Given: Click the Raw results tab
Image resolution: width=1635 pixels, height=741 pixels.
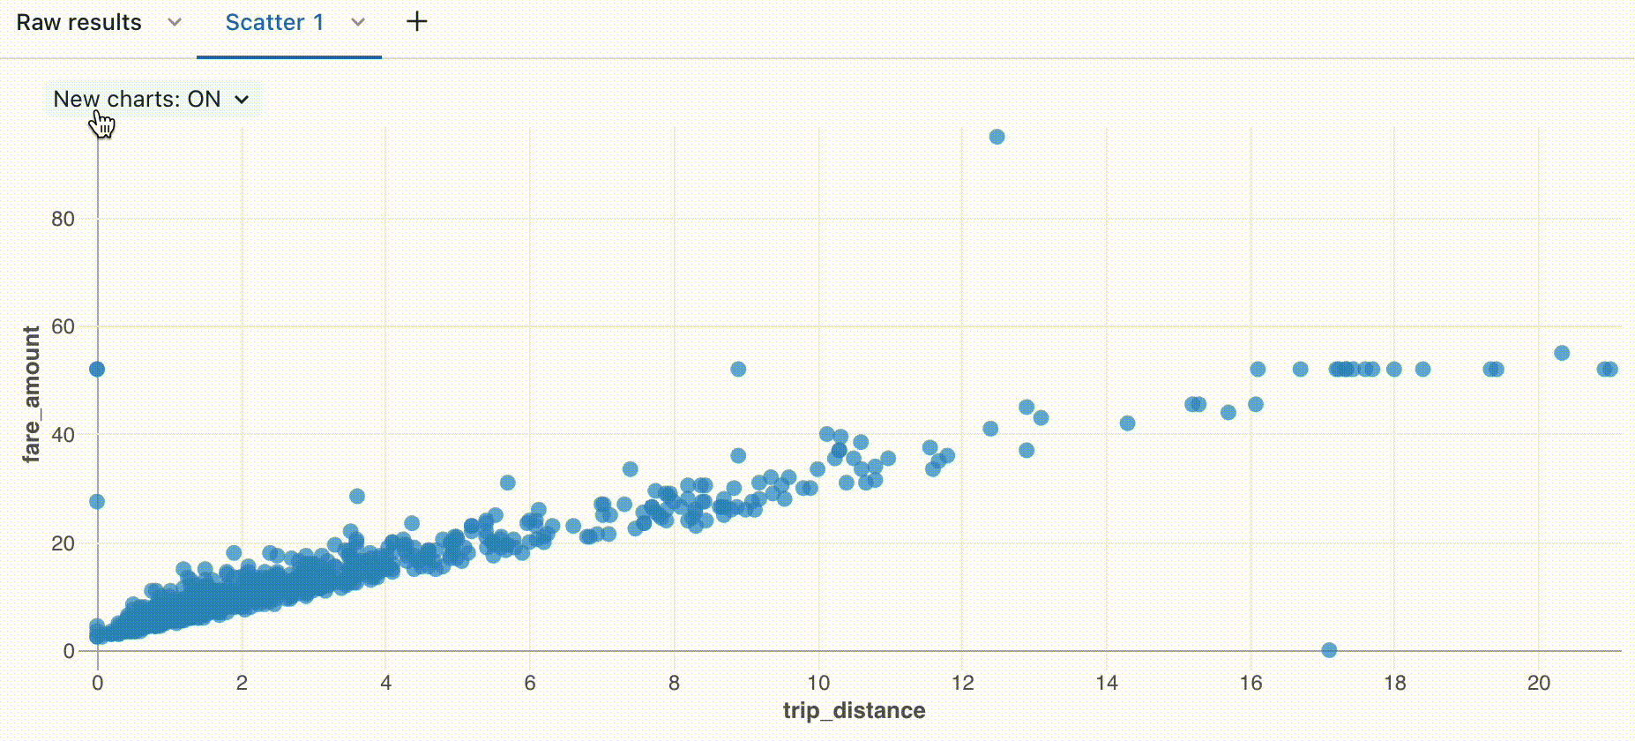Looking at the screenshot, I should [78, 23].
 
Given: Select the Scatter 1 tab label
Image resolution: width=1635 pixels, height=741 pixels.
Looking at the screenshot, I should [274, 23].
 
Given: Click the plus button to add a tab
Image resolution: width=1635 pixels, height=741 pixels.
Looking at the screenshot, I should [416, 22].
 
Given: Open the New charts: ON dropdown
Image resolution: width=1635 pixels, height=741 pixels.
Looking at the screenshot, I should [151, 99].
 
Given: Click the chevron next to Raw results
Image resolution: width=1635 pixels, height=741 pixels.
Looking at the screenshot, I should [175, 23].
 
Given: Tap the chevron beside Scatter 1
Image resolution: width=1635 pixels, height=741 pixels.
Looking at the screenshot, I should [358, 23].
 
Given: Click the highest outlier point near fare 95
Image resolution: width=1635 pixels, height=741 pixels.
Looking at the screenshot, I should [997, 137].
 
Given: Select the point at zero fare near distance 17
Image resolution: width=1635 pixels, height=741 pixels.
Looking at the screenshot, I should [1329, 650].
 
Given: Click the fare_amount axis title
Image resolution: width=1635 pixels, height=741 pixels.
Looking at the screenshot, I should [32, 393].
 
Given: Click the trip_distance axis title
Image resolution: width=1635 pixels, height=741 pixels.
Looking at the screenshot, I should [854, 711].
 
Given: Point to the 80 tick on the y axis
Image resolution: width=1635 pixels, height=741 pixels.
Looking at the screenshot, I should [63, 219].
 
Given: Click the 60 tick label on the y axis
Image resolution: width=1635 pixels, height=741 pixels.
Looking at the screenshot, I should [63, 327].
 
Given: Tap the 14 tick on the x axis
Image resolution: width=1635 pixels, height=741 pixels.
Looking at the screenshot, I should [1107, 683].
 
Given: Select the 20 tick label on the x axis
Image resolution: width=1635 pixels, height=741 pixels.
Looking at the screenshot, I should [1539, 683].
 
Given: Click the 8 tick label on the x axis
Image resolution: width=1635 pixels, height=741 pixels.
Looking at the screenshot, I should [674, 683].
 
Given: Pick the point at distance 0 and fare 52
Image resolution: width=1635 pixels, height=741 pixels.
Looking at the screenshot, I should [97, 369].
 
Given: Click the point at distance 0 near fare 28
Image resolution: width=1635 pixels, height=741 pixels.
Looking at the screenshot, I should [97, 501].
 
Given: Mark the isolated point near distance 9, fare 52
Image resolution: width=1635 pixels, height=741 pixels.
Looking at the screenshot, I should [738, 369].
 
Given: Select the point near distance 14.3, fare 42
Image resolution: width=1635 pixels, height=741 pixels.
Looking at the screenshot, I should [1127, 423].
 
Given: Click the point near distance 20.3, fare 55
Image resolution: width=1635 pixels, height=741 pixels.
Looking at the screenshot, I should [1562, 353].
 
